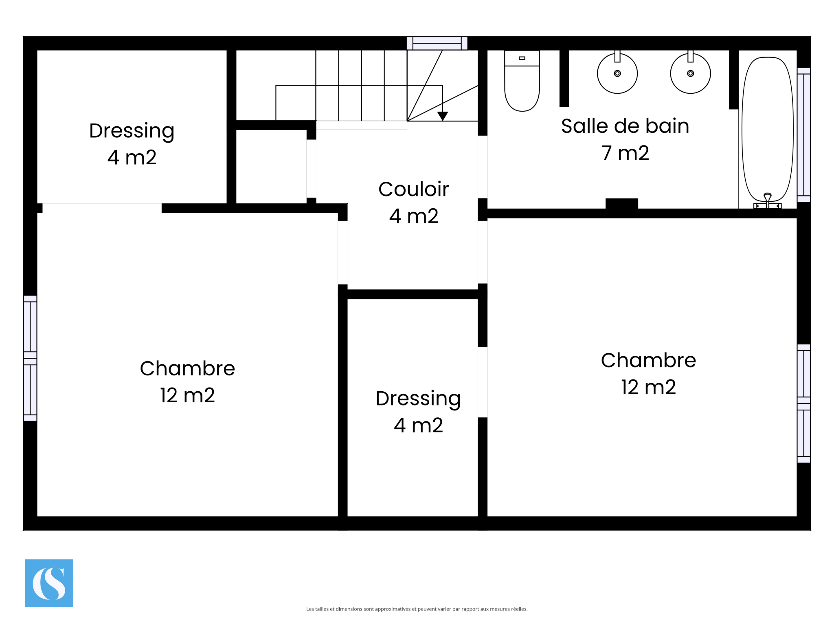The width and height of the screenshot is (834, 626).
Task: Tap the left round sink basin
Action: (x=617, y=73)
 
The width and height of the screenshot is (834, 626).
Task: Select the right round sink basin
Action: (x=690, y=73)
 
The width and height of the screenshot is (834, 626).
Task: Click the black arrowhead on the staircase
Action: (x=443, y=116)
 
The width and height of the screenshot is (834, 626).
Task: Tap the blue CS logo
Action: (x=49, y=583)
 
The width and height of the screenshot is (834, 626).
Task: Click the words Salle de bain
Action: (x=625, y=126)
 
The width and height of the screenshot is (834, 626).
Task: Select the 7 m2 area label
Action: (x=625, y=153)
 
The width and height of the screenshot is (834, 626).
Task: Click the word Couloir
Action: (x=413, y=189)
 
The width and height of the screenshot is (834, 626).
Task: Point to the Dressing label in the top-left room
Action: (x=132, y=131)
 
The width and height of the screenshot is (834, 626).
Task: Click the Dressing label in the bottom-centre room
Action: (x=418, y=399)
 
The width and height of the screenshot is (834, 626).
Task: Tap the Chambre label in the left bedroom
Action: (x=187, y=368)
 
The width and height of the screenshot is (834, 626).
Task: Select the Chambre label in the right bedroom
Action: (x=648, y=360)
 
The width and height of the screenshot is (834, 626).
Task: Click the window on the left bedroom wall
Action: (x=30, y=358)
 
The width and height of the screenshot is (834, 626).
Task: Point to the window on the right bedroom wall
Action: (x=803, y=403)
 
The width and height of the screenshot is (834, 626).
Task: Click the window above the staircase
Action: (x=437, y=43)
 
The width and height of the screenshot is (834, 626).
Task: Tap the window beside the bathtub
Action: (x=803, y=135)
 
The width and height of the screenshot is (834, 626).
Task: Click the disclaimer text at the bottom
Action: (x=417, y=609)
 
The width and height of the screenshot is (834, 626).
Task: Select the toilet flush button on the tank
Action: (x=522, y=58)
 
